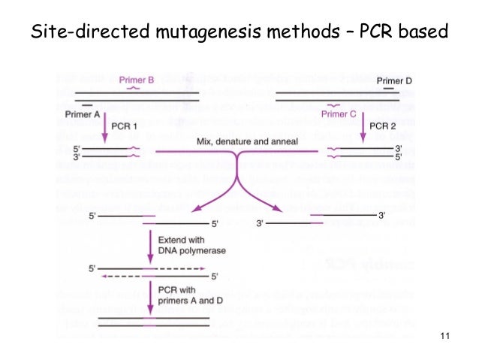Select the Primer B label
pyautogui.click(x=136, y=79)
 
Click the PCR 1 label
pyautogui.click(x=124, y=126)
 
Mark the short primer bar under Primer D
pyautogui.click(x=388, y=89)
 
